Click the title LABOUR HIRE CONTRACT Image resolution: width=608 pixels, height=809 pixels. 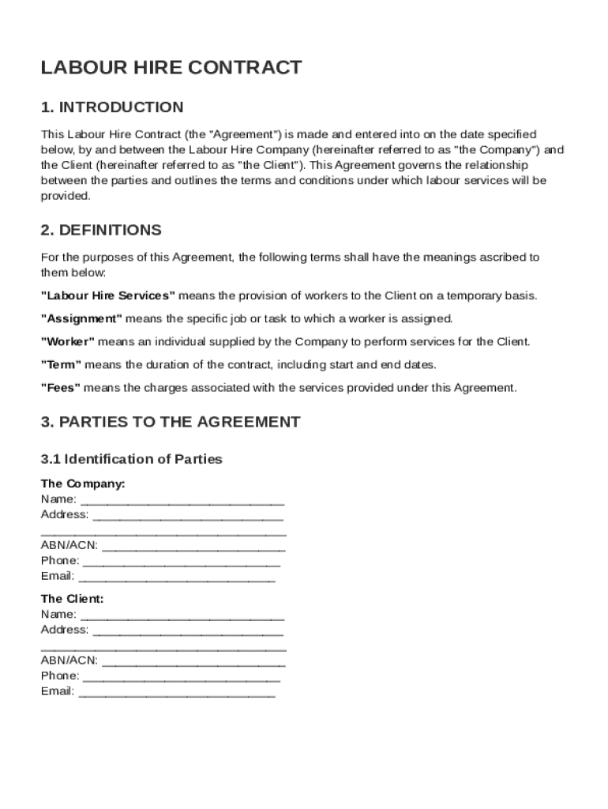(171, 68)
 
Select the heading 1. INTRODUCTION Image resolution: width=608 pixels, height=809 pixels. (112, 107)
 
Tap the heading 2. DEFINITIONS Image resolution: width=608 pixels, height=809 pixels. (101, 230)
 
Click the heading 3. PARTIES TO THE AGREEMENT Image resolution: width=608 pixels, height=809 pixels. (171, 422)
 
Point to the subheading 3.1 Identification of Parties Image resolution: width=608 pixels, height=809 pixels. (132, 459)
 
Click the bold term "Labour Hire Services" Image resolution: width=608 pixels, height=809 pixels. (108, 295)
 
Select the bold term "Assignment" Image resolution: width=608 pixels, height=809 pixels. (81, 319)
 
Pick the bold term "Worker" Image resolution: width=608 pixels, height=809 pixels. (68, 342)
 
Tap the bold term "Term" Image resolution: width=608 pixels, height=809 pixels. (61, 365)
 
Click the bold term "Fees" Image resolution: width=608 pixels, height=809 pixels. (61, 388)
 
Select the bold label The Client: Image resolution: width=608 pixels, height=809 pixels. (72, 599)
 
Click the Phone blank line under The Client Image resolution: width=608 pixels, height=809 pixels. (181, 678)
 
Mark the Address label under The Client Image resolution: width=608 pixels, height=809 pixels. (65, 630)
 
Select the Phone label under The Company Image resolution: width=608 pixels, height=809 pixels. (60, 561)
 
